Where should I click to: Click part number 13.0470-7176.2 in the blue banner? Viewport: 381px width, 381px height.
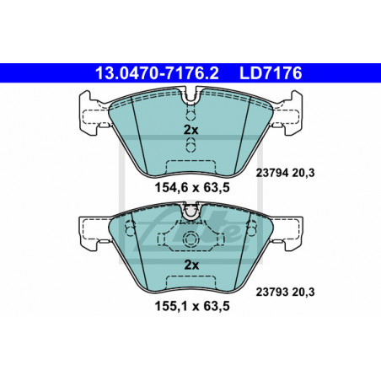point(157,73)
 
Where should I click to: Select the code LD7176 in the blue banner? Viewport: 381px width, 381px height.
point(271,73)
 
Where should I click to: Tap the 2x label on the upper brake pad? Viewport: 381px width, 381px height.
point(190,130)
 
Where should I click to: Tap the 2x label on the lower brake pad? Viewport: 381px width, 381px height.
point(191,265)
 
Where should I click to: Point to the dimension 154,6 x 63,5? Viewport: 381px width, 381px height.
point(192,187)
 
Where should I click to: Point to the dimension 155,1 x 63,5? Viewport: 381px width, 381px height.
point(192,306)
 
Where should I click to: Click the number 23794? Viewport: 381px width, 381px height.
point(272,173)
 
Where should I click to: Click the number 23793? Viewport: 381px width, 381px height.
point(272,292)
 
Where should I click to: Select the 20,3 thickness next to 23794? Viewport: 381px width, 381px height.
point(303,173)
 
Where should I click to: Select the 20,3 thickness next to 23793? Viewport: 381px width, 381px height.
point(303,292)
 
